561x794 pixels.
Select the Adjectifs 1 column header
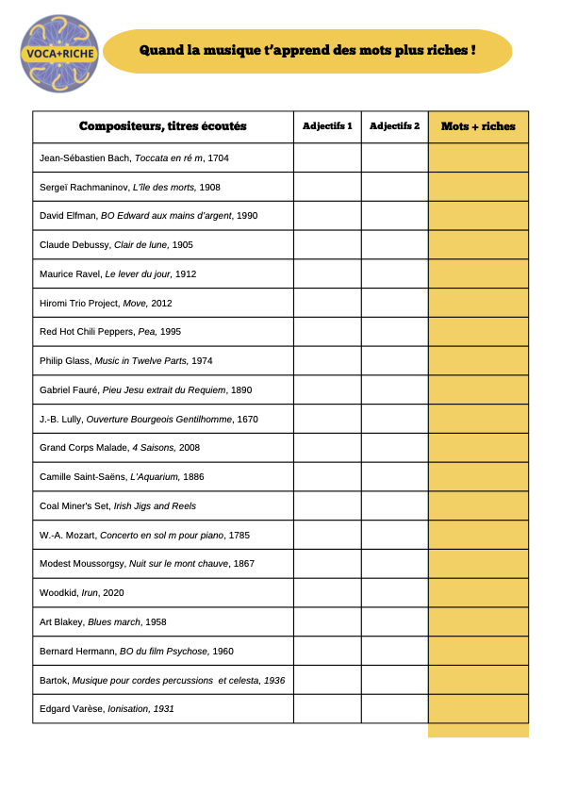[x=327, y=126]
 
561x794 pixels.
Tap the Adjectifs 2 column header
[x=394, y=126]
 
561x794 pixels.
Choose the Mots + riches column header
[x=478, y=126]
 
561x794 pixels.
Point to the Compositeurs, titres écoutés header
[x=162, y=126]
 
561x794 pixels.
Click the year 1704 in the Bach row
[x=218, y=158]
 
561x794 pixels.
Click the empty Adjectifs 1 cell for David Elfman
[x=327, y=216]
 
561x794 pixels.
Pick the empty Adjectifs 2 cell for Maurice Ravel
[x=394, y=273]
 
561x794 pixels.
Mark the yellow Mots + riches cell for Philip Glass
[x=478, y=361]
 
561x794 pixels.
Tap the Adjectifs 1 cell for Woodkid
[x=327, y=593]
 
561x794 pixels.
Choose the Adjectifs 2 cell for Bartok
[x=394, y=680]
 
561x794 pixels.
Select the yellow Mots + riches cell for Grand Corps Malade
[x=478, y=448]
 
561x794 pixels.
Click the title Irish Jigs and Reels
[x=155, y=506]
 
